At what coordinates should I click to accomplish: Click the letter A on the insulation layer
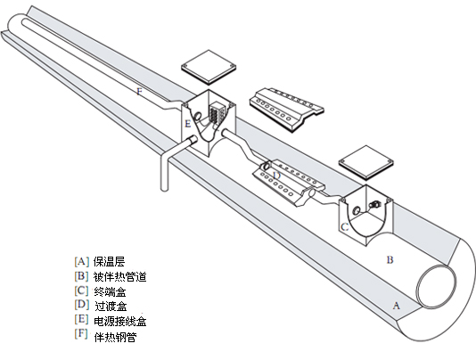[397, 306]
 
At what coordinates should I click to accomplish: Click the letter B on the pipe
[390, 260]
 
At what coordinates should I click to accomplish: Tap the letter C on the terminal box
[345, 226]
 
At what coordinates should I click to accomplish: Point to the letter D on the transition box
[276, 176]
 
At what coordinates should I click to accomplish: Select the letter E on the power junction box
[188, 124]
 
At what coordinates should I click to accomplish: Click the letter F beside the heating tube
[139, 92]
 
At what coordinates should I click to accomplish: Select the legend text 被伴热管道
[120, 276]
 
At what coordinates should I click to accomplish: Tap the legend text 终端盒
[110, 291]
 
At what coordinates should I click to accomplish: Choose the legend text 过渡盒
[111, 306]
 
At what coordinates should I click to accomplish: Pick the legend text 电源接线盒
[120, 321]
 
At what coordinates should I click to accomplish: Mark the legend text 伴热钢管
[115, 337]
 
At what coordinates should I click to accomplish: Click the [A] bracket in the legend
[82, 261]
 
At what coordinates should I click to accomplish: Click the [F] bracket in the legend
[82, 333]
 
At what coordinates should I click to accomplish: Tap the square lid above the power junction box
[209, 67]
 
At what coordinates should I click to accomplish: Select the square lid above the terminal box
[366, 162]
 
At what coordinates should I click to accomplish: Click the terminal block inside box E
[217, 112]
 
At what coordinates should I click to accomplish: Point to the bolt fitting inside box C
[374, 205]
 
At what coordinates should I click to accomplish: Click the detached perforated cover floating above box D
[286, 110]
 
